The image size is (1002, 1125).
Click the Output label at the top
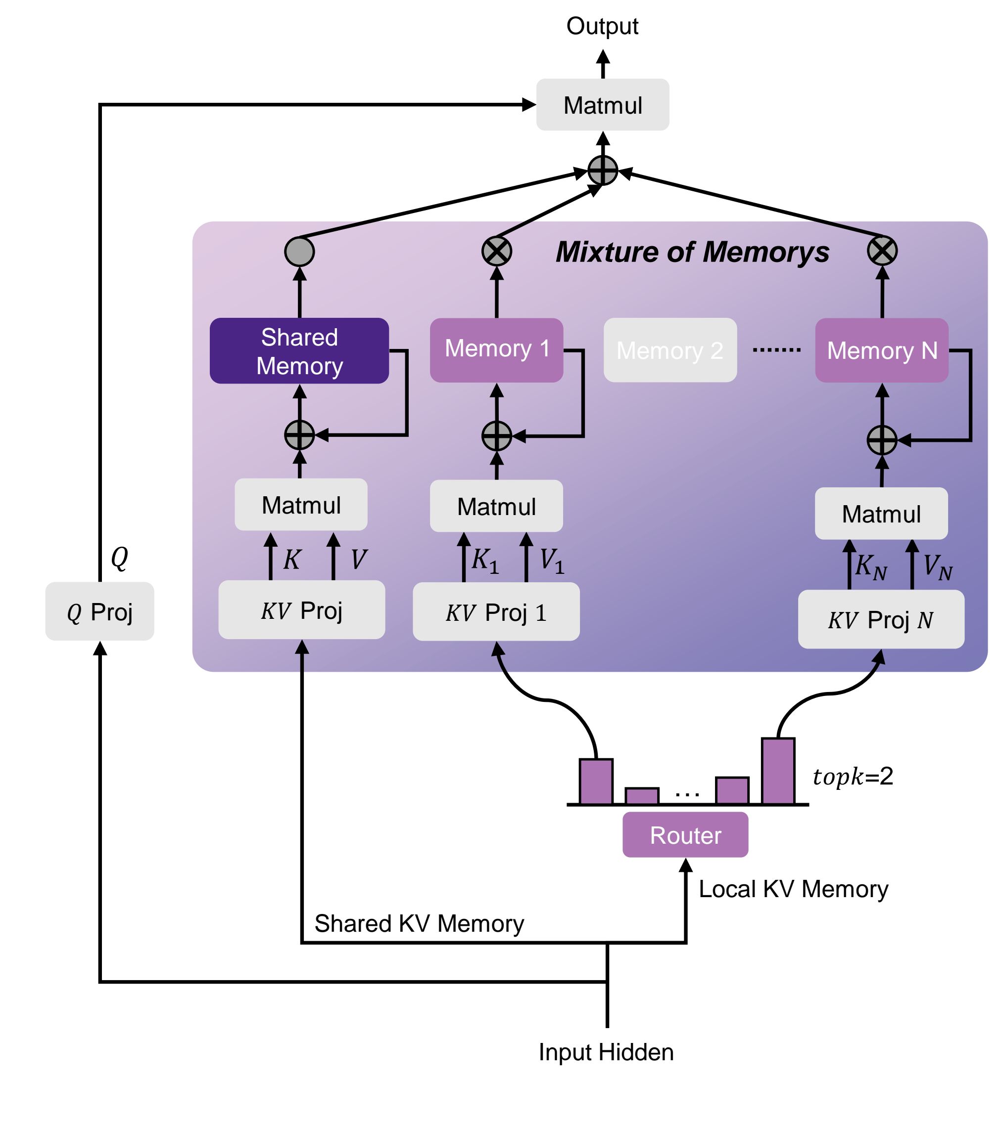(x=602, y=26)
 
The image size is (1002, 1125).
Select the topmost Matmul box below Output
(x=603, y=105)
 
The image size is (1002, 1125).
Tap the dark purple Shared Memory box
(x=299, y=350)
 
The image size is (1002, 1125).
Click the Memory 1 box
(x=496, y=349)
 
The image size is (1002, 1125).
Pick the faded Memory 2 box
(x=670, y=350)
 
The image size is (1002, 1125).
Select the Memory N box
(x=881, y=350)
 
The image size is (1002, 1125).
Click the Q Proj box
(x=99, y=611)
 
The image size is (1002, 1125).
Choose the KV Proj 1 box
(x=496, y=611)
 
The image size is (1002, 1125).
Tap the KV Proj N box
(x=881, y=619)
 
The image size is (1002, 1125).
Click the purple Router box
(x=685, y=835)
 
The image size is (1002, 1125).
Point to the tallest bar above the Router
(x=778, y=771)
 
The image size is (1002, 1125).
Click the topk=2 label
(x=853, y=776)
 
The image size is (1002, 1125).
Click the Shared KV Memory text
(x=419, y=923)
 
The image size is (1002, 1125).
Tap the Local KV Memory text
(x=793, y=889)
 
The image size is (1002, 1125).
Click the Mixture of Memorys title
(x=692, y=252)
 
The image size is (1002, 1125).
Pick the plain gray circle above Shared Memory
(x=299, y=252)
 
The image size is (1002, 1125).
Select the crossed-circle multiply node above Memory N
(x=882, y=251)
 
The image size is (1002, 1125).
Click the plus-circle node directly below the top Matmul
(x=603, y=170)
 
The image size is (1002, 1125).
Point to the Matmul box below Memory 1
(x=496, y=506)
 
